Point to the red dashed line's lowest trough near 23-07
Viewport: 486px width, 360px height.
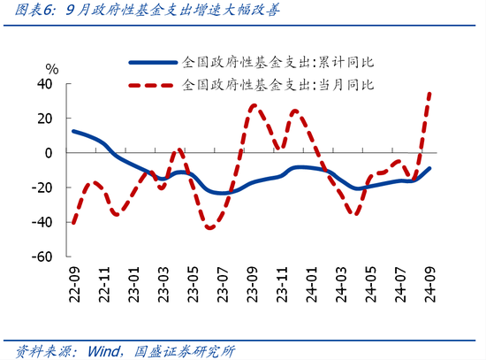[210, 228]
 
